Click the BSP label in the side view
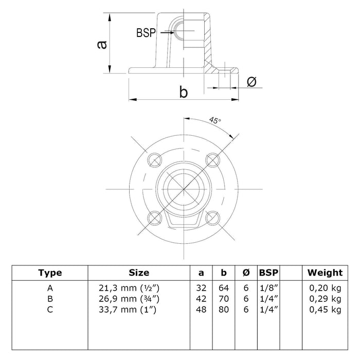click(146, 32)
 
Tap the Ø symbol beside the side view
click(252, 82)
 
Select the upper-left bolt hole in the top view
click(154, 161)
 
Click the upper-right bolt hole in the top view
click(212, 161)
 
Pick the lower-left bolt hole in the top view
click(154, 219)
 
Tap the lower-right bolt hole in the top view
click(212, 219)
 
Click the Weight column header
click(325, 273)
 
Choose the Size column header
click(139, 273)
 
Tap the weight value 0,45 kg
click(325, 309)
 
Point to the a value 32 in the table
click(201, 289)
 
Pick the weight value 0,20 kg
click(325, 289)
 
